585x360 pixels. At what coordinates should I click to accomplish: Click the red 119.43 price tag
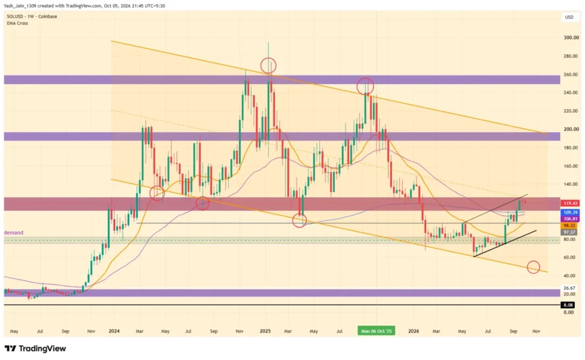pyautogui.click(x=570, y=203)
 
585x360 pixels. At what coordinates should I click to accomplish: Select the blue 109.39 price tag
pyautogui.click(x=570, y=212)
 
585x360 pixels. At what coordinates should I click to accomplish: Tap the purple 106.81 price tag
pyautogui.click(x=570, y=219)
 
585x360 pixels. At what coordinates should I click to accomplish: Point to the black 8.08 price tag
pyautogui.click(x=568, y=305)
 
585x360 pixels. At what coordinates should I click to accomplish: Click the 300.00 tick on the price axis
pyautogui.click(x=571, y=38)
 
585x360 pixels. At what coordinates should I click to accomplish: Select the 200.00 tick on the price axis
pyautogui.click(x=571, y=129)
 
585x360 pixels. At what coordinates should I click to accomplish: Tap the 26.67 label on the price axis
pyautogui.click(x=570, y=288)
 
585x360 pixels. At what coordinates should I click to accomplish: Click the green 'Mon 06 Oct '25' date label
pyautogui.click(x=376, y=331)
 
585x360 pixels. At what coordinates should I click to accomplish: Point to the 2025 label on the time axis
pyautogui.click(x=265, y=331)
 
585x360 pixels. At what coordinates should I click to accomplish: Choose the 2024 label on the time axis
pyautogui.click(x=114, y=331)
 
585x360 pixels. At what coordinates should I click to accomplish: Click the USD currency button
pyautogui.click(x=569, y=17)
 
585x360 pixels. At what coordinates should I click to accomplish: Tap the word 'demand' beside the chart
pyautogui.click(x=14, y=233)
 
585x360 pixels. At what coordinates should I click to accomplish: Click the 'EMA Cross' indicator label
pyautogui.click(x=17, y=23)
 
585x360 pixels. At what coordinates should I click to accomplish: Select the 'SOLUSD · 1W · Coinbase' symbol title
pyautogui.click(x=32, y=17)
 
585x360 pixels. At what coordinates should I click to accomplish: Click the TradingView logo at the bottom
pyautogui.click(x=35, y=349)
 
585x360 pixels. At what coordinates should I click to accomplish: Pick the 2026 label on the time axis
pyautogui.click(x=414, y=331)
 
